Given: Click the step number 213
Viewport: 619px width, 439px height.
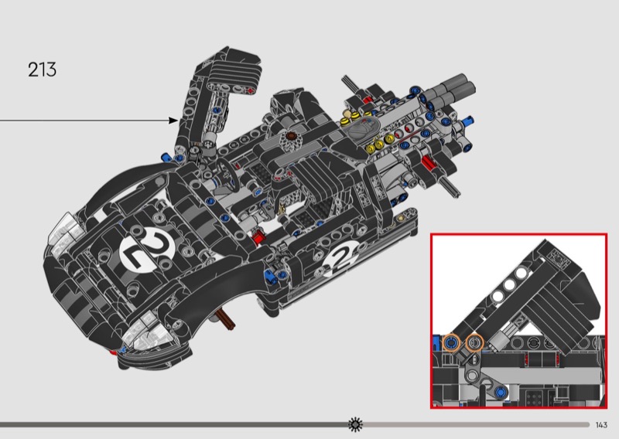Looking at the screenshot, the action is [42, 70].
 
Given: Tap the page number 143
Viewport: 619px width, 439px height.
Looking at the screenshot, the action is [601, 425].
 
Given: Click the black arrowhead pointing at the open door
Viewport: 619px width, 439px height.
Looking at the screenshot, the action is [173, 121].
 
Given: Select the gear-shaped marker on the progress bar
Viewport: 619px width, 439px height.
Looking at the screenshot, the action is [355, 424].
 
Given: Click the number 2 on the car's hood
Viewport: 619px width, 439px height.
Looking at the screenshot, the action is [147, 250].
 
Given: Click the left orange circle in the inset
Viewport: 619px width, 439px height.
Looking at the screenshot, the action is [451, 342].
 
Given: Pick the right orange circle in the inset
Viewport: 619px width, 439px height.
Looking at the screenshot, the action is [474, 342].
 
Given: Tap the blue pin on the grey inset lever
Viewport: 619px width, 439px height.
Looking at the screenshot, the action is [501, 392].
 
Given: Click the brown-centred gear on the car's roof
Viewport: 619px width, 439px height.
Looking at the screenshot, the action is [292, 139].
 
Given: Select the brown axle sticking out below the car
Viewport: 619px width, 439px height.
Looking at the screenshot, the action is [225, 318].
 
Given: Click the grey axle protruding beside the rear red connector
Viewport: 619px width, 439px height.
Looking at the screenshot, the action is [451, 186].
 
